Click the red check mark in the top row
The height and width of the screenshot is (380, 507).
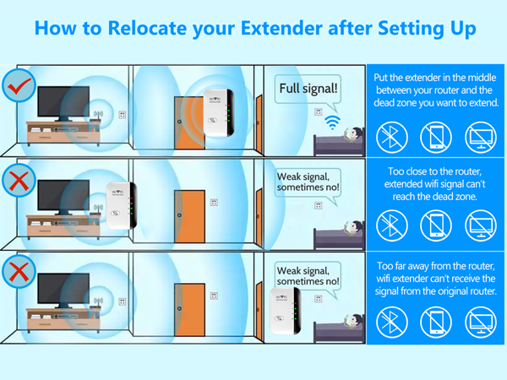[18, 85]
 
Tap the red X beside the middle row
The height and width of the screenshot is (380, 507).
[18, 179]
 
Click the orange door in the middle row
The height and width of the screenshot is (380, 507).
[190, 218]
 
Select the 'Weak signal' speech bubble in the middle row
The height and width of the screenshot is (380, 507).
[308, 182]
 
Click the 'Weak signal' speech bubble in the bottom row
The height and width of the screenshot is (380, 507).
[308, 275]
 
